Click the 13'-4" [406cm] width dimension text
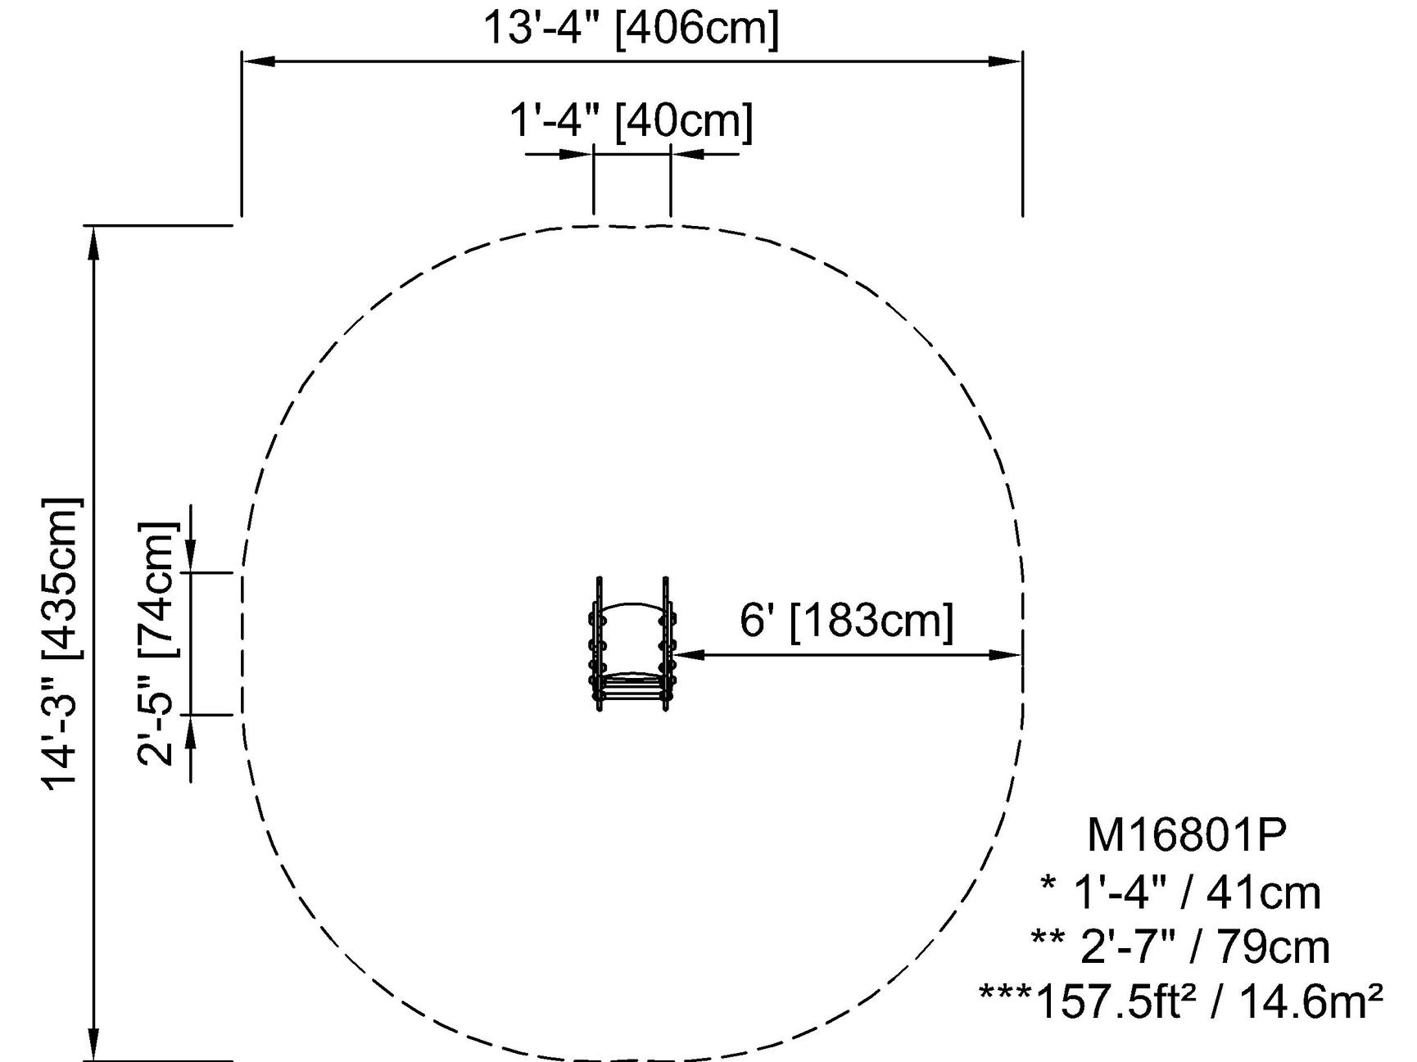pyautogui.click(x=632, y=28)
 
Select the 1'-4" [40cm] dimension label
pyautogui.click(x=632, y=120)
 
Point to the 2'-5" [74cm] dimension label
pyautogui.click(x=156, y=644)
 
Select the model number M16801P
pyautogui.click(x=1187, y=835)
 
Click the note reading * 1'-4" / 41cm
pyautogui.click(x=1180, y=892)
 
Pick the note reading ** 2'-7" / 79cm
pyautogui.click(x=1180, y=947)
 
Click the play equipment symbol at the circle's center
pyautogui.click(x=632, y=644)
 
